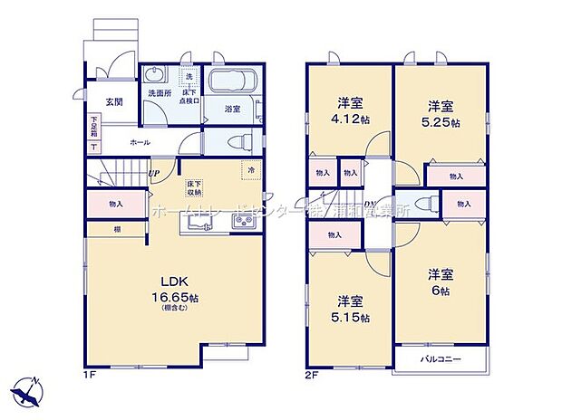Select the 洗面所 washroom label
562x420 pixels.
tap(160, 92)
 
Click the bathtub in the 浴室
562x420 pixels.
tap(234, 84)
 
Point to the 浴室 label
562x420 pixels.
tap(232, 110)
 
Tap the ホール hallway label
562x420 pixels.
tap(140, 142)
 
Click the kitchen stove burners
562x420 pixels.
tap(244, 222)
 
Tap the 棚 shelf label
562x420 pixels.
tap(117, 230)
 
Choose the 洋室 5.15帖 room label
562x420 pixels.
tap(351, 309)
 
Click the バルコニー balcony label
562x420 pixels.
tap(441, 360)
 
